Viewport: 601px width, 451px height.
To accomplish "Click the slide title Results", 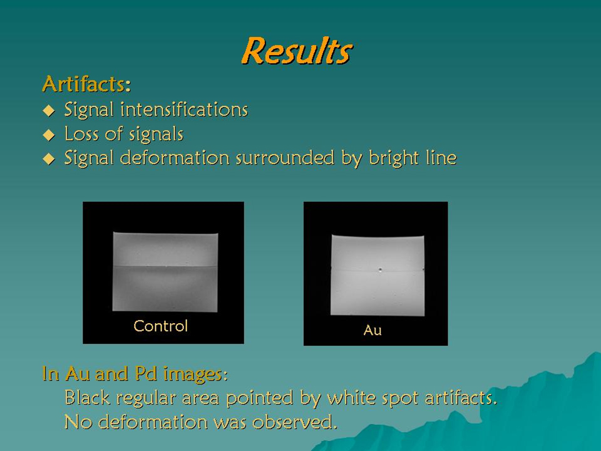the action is pyautogui.click(x=297, y=51).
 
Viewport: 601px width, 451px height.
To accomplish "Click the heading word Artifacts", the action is pyautogui.click(x=84, y=83).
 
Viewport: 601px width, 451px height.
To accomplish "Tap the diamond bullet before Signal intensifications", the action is pyautogui.click(x=49, y=110).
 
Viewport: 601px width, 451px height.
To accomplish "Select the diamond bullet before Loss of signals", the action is pyautogui.click(x=49, y=135).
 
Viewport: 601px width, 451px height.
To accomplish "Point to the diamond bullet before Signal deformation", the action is pyautogui.click(x=49, y=158).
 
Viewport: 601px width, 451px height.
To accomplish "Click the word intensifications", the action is pyautogui.click(x=184, y=109).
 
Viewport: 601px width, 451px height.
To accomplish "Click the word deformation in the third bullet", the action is pyautogui.click(x=175, y=158).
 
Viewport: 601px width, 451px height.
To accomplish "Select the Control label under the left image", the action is pyautogui.click(x=161, y=326).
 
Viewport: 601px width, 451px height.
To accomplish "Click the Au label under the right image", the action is pyautogui.click(x=372, y=330).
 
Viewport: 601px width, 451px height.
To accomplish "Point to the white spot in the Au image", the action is pyautogui.click(x=380, y=269).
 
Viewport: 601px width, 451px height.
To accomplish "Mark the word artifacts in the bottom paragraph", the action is pyautogui.click(x=461, y=397).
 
